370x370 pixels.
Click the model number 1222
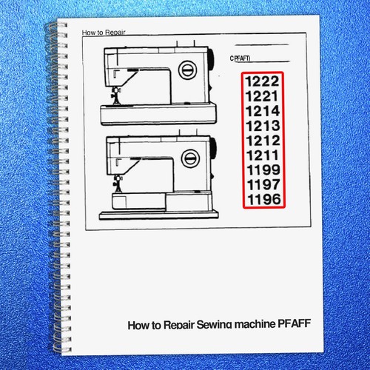tap(262, 81)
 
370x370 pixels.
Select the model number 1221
tap(262, 96)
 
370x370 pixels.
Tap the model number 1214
tap(263, 111)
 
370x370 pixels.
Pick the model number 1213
tap(263, 126)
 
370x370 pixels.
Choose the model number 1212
tap(263, 141)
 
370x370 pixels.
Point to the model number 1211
tap(263, 155)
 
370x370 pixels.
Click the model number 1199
tap(263, 169)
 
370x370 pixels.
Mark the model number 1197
tap(263, 184)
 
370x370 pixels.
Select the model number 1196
tap(264, 199)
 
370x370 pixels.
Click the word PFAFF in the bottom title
tap(294, 323)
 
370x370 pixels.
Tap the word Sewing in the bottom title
tap(215, 325)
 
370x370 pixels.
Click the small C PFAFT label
tap(240, 58)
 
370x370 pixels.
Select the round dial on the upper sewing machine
tap(188, 70)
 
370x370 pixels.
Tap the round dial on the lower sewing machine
tap(190, 158)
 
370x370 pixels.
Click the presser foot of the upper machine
tap(116, 96)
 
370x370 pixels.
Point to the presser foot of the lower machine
tap(118, 184)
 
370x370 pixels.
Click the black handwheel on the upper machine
tap(210, 60)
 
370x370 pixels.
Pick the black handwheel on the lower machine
tap(213, 147)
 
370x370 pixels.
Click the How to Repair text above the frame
tap(104, 33)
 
